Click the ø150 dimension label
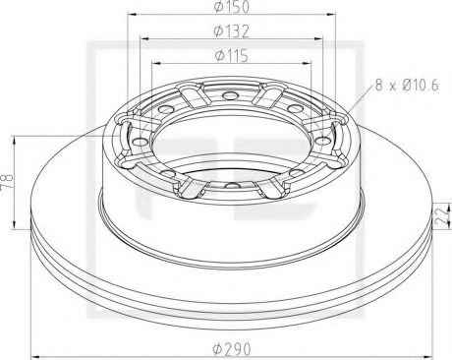coord(232,7)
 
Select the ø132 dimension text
coord(232,31)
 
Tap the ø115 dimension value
coord(232,56)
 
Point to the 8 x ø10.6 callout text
coord(407,86)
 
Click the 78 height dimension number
coord(7,181)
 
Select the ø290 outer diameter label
coord(232,348)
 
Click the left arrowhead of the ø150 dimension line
coord(132,14)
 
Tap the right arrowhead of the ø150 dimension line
coord(331,14)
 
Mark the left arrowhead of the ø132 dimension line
coord(144,38)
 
